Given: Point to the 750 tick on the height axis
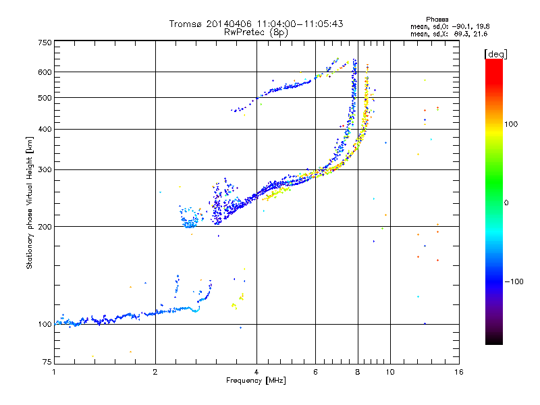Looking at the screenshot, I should (45, 42).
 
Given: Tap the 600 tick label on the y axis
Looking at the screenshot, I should (45, 72).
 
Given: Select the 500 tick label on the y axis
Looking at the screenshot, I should (45, 97).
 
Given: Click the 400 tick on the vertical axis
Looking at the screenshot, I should (45, 129).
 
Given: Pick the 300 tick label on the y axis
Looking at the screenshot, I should (45, 169).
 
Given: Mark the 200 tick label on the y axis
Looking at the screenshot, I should (45, 226).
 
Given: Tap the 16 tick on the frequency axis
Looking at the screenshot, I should (458, 372).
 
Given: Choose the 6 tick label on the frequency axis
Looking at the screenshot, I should (316, 372).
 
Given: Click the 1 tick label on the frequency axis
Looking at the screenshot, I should (54, 372).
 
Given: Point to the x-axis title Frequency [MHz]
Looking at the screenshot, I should (256, 381).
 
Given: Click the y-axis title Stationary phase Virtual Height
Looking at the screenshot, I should (30, 202).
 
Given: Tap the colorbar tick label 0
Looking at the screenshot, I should (506, 202).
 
